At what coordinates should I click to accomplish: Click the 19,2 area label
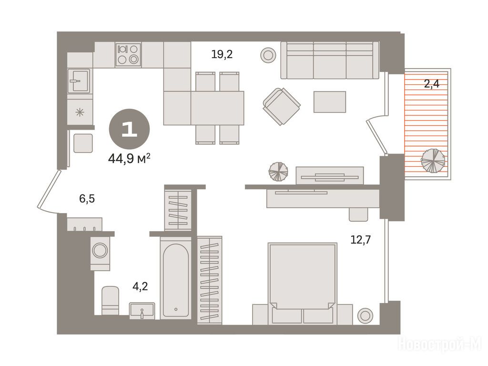pyautogui.click(x=222, y=55)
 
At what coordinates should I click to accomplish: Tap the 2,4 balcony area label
pyautogui.click(x=431, y=84)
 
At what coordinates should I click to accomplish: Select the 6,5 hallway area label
pyautogui.click(x=87, y=198)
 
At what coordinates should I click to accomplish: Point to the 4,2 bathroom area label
pyautogui.click(x=140, y=286)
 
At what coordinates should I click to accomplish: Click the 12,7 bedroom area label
pyautogui.click(x=361, y=240)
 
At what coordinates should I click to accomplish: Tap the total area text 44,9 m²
pyautogui.click(x=130, y=159)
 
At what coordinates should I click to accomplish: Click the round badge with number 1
pyautogui.click(x=129, y=129)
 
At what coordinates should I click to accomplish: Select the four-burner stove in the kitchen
pyautogui.click(x=128, y=54)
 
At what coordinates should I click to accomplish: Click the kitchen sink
pyautogui.click(x=79, y=81)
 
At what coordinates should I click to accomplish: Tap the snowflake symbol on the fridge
pyautogui.click(x=80, y=112)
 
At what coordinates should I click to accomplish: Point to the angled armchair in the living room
pyautogui.click(x=282, y=106)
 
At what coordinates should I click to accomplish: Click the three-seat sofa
pyautogui.click(x=330, y=61)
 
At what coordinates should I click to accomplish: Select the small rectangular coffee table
pyautogui.click(x=330, y=102)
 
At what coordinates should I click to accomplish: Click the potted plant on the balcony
pyautogui.click(x=433, y=161)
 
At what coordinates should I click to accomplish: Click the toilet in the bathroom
pyautogui.click(x=110, y=301)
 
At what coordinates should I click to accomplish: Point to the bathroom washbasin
pyautogui.click(x=142, y=311)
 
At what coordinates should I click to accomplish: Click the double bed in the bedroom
pyautogui.click(x=302, y=283)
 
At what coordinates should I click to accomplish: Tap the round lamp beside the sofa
pyautogui.click(x=268, y=55)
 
